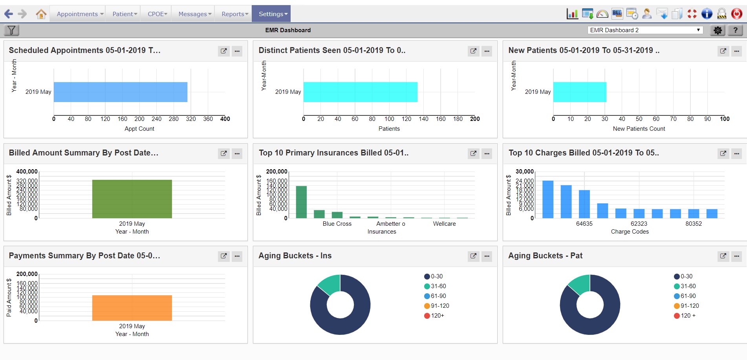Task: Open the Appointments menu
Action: pos(80,14)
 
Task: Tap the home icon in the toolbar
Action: pos(41,14)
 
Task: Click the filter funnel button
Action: pos(11,30)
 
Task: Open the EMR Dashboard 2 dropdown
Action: pos(645,30)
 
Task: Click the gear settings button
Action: pos(718,30)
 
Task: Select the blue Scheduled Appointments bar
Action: pos(120,92)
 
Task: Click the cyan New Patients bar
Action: pos(579,92)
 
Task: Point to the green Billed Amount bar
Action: pos(132,199)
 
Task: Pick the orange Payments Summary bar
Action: pos(132,308)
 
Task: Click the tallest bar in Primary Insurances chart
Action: pos(301,202)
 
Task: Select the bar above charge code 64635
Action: pos(584,204)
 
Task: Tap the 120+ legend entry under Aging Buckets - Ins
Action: pos(434,316)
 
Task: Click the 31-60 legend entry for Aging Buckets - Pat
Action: pos(685,286)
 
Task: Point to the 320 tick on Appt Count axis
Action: pos(191,119)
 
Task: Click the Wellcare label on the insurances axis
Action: pos(444,224)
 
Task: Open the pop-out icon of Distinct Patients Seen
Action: pos(473,51)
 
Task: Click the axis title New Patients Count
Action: pos(639,129)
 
